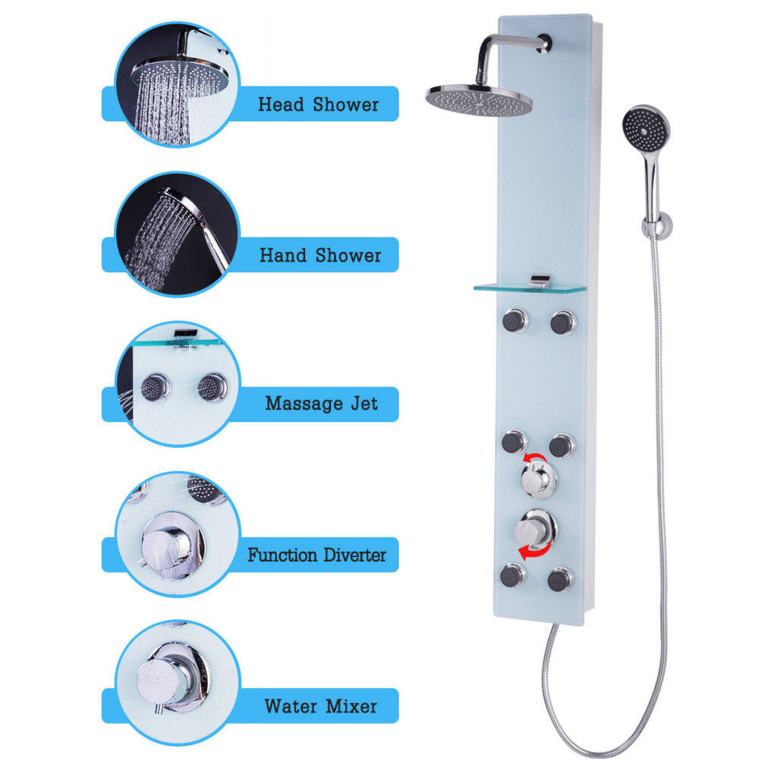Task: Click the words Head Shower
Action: pos(318,104)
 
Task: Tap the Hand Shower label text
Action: pos(320,255)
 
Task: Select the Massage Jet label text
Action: pos(322,404)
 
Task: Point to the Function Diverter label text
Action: pos(316,555)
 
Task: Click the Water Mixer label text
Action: pos(320,706)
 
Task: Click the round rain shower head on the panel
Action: pos(479,99)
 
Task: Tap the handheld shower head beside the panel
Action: pos(646,129)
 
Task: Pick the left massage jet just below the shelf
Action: pos(515,321)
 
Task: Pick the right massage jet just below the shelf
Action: pos(562,322)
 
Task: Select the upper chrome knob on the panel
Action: pos(539,478)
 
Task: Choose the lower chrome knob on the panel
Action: pos(535,530)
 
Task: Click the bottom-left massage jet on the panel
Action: pos(512,576)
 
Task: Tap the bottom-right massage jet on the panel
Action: pos(561,580)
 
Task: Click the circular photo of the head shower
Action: pos(177,84)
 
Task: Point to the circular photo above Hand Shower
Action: pos(177,234)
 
